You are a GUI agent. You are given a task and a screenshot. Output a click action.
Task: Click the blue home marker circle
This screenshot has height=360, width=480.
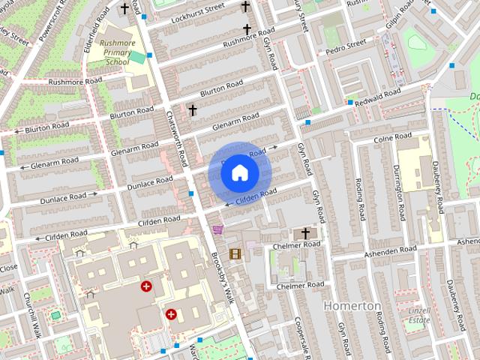239,172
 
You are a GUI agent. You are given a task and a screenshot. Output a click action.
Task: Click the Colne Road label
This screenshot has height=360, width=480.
392,138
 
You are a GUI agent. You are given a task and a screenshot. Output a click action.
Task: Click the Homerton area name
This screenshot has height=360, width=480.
351,306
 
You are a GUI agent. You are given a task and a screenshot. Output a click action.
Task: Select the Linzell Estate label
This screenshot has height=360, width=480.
418,316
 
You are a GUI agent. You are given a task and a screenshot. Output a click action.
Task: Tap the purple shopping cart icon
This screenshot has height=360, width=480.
217,230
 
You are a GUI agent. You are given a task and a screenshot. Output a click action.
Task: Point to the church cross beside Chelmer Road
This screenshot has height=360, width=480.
305,234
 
